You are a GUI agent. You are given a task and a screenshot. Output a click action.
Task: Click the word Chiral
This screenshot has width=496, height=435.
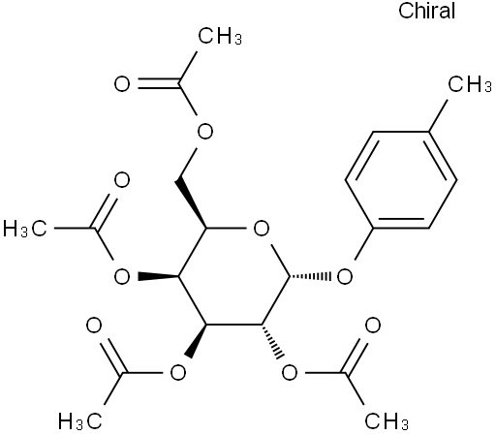(x=426, y=11)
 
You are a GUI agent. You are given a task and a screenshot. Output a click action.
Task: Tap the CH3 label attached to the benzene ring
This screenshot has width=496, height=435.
(x=470, y=84)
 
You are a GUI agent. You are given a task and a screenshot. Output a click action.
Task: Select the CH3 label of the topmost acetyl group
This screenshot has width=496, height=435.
(x=220, y=36)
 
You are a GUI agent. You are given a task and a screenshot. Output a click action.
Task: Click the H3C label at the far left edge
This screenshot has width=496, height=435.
(x=25, y=229)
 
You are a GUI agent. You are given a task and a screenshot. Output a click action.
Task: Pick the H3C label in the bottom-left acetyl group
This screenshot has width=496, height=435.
(x=80, y=421)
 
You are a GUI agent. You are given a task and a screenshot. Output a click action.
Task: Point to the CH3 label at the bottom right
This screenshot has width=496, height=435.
(x=387, y=421)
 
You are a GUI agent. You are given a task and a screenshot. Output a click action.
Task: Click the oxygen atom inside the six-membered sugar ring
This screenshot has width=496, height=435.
(x=262, y=229)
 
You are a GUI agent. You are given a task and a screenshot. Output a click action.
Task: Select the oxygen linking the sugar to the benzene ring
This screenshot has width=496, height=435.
(x=345, y=277)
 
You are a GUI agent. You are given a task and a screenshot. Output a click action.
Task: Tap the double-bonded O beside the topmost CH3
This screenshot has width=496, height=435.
(x=122, y=84)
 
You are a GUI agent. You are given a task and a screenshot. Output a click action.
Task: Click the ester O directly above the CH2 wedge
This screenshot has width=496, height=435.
(x=205, y=132)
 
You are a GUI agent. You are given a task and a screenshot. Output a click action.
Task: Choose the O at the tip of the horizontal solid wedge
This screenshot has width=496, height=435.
(x=122, y=277)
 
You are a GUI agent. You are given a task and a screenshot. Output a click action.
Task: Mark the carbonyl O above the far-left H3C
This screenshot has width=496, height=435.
(x=122, y=180)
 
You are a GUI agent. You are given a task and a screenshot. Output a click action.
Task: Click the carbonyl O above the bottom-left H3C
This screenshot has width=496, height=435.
(x=94, y=326)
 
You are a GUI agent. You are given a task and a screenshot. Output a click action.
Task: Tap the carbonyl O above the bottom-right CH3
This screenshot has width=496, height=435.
(x=373, y=326)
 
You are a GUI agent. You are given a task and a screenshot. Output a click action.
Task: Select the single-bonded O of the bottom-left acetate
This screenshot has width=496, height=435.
(x=177, y=373)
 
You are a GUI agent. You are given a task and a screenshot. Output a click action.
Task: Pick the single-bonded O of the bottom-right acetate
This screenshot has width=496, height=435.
(x=290, y=373)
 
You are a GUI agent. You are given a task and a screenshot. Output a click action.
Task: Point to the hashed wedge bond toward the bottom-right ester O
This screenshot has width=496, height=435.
(x=273, y=342)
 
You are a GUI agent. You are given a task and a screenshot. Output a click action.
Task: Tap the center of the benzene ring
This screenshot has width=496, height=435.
(x=401, y=180)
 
